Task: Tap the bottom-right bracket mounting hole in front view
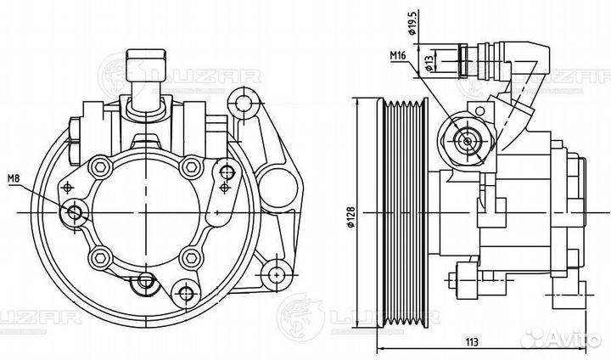[x=271, y=273]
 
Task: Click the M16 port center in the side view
[x=466, y=141]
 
